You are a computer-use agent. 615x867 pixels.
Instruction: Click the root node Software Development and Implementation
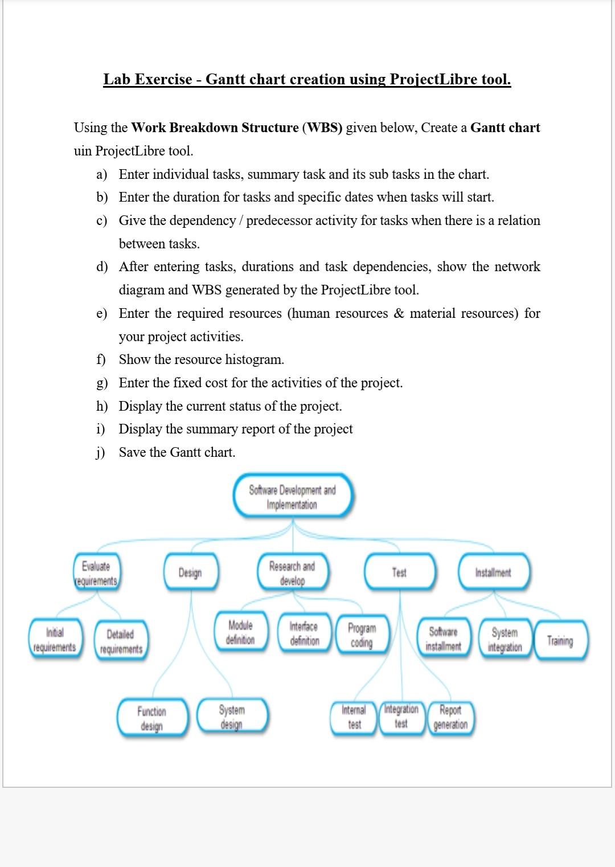pyautogui.click(x=293, y=497)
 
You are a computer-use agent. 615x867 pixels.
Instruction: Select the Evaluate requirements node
pyautogui.click(x=96, y=573)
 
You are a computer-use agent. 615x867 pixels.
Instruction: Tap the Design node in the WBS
pyautogui.click(x=190, y=572)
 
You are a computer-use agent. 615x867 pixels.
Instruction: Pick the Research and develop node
pyautogui.click(x=292, y=573)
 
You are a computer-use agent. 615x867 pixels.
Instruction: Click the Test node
pyautogui.click(x=399, y=572)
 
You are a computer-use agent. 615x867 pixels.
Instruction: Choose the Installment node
pyautogui.click(x=493, y=572)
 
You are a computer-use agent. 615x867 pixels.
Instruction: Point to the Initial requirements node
pyautogui.click(x=55, y=640)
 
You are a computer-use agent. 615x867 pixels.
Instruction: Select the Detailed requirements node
pyautogui.click(x=121, y=641)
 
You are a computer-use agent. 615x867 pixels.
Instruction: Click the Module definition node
pyautogui.click(x=240, y=632)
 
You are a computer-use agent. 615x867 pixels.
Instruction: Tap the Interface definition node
pyautogui.click(x=304, y=633)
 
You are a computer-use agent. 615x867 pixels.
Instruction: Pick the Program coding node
pyautogui.click(x=362, y=635)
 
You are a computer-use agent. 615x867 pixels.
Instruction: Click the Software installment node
pyautogui.click(x=444, y=639)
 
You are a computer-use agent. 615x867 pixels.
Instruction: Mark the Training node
pyautogui.click(x=560, y=640)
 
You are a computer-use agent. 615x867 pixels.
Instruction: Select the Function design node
pyautogui.click(x=152, y=718)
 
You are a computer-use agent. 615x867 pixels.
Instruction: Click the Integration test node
pyautogui.click(x=401, y=716)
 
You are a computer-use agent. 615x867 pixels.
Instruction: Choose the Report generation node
pyautogui.click(x=450, y=717)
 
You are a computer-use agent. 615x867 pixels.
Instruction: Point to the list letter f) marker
pyautogui.click(x=101, y=359)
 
